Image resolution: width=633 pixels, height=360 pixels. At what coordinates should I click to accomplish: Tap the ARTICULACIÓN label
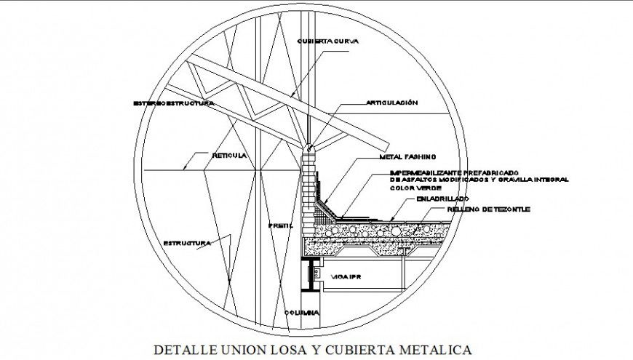[391, 103]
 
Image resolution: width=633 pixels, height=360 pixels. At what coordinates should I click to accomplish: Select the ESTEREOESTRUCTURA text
[174, 103]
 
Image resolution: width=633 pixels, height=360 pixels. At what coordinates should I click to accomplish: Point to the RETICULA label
[229, 156]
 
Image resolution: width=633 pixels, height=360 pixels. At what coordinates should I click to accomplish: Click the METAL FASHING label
[407, 156]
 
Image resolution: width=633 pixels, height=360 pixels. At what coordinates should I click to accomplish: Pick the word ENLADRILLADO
[442, 198]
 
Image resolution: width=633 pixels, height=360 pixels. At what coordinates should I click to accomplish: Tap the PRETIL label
[279, 225]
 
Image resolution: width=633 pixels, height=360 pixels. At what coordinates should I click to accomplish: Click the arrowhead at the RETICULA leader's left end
[185, 167]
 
